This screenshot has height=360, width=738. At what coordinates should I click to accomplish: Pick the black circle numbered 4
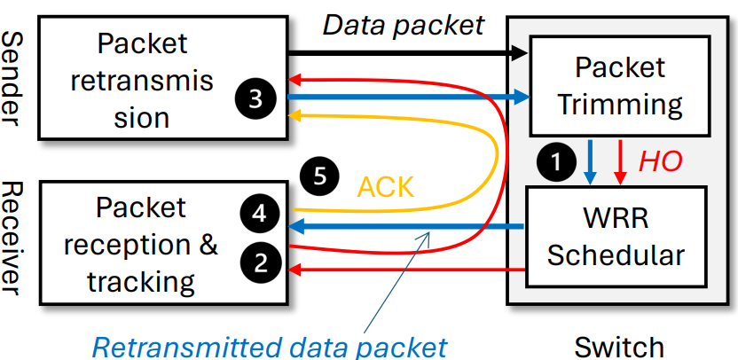259,214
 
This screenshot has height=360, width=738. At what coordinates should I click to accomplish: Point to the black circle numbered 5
319,176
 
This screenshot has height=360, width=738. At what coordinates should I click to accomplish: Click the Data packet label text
404,24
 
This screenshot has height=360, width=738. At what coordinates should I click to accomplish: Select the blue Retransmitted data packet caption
269,346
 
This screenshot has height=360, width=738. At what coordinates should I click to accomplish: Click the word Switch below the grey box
618,346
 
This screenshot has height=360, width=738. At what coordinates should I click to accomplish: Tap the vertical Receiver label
15,238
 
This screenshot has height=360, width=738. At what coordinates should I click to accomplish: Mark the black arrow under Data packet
408,53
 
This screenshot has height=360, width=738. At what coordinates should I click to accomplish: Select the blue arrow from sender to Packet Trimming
408,96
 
